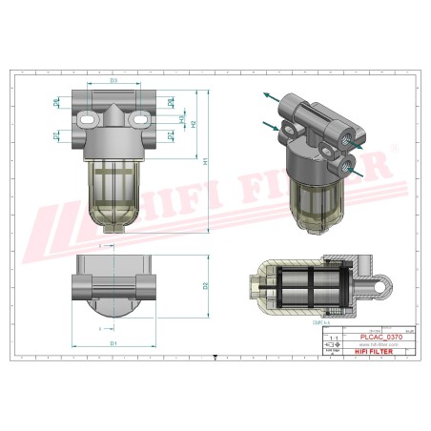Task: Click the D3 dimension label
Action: tap(113, 81)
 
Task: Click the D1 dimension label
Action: tap(113, 342)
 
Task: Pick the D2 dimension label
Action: tap(206, 285)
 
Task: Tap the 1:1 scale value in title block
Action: tap(333, 338)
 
